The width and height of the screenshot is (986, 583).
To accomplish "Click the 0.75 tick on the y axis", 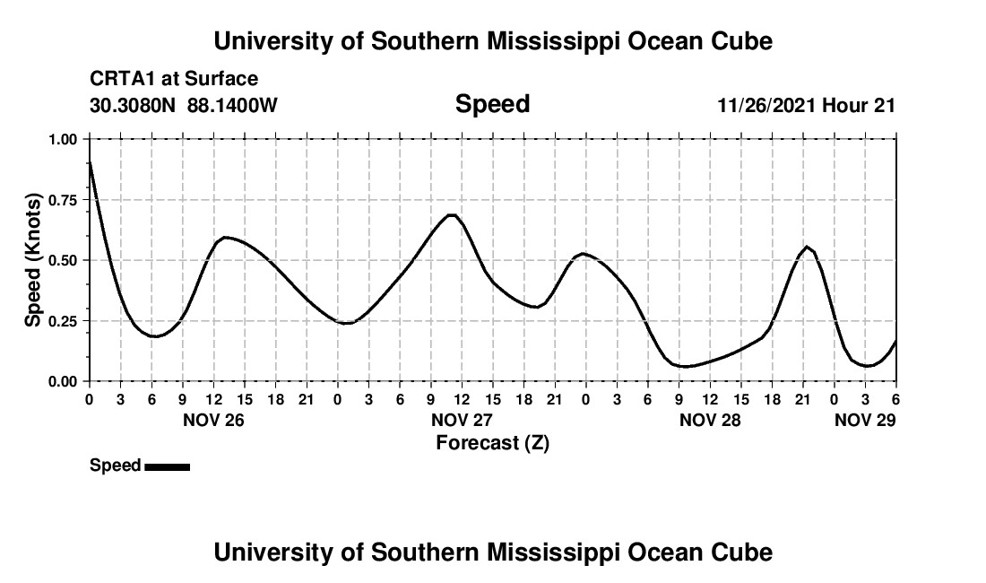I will click(x=67, y=200).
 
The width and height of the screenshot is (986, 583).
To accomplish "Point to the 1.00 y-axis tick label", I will click(x=67, y=139).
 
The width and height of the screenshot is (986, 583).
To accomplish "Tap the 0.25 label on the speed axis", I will click(x=67, y=321).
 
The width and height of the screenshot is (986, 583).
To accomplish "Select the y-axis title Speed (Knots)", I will click(x=33, y=260).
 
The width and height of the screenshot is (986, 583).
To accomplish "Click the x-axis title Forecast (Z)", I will click(x=492, y=442).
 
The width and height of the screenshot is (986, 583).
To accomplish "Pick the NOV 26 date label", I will click(x=214, y=419).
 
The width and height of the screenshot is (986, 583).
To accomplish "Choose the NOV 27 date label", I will click(x=463, y=419).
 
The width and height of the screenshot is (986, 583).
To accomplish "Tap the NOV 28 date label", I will click(x=711, y=419).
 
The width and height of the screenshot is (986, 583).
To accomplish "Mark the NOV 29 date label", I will click(x=865, y=419).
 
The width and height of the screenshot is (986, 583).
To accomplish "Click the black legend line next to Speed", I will click(x=167, y=466).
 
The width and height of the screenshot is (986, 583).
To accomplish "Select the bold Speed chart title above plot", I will click(x=492, y=104).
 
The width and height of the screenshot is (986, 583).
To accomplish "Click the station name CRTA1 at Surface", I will click(x=174, y=79).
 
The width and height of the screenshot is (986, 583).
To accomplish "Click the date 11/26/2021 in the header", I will click(x=766, y=106).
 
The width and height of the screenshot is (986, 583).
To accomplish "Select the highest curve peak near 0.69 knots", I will click(x=452, y=214).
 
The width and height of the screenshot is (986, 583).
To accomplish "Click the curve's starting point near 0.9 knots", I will click(x=90, y=162).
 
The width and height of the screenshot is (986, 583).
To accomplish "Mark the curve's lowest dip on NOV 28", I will click(x=685, y=366).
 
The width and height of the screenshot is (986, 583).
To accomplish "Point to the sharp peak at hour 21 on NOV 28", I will click(x=807, y=247).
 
